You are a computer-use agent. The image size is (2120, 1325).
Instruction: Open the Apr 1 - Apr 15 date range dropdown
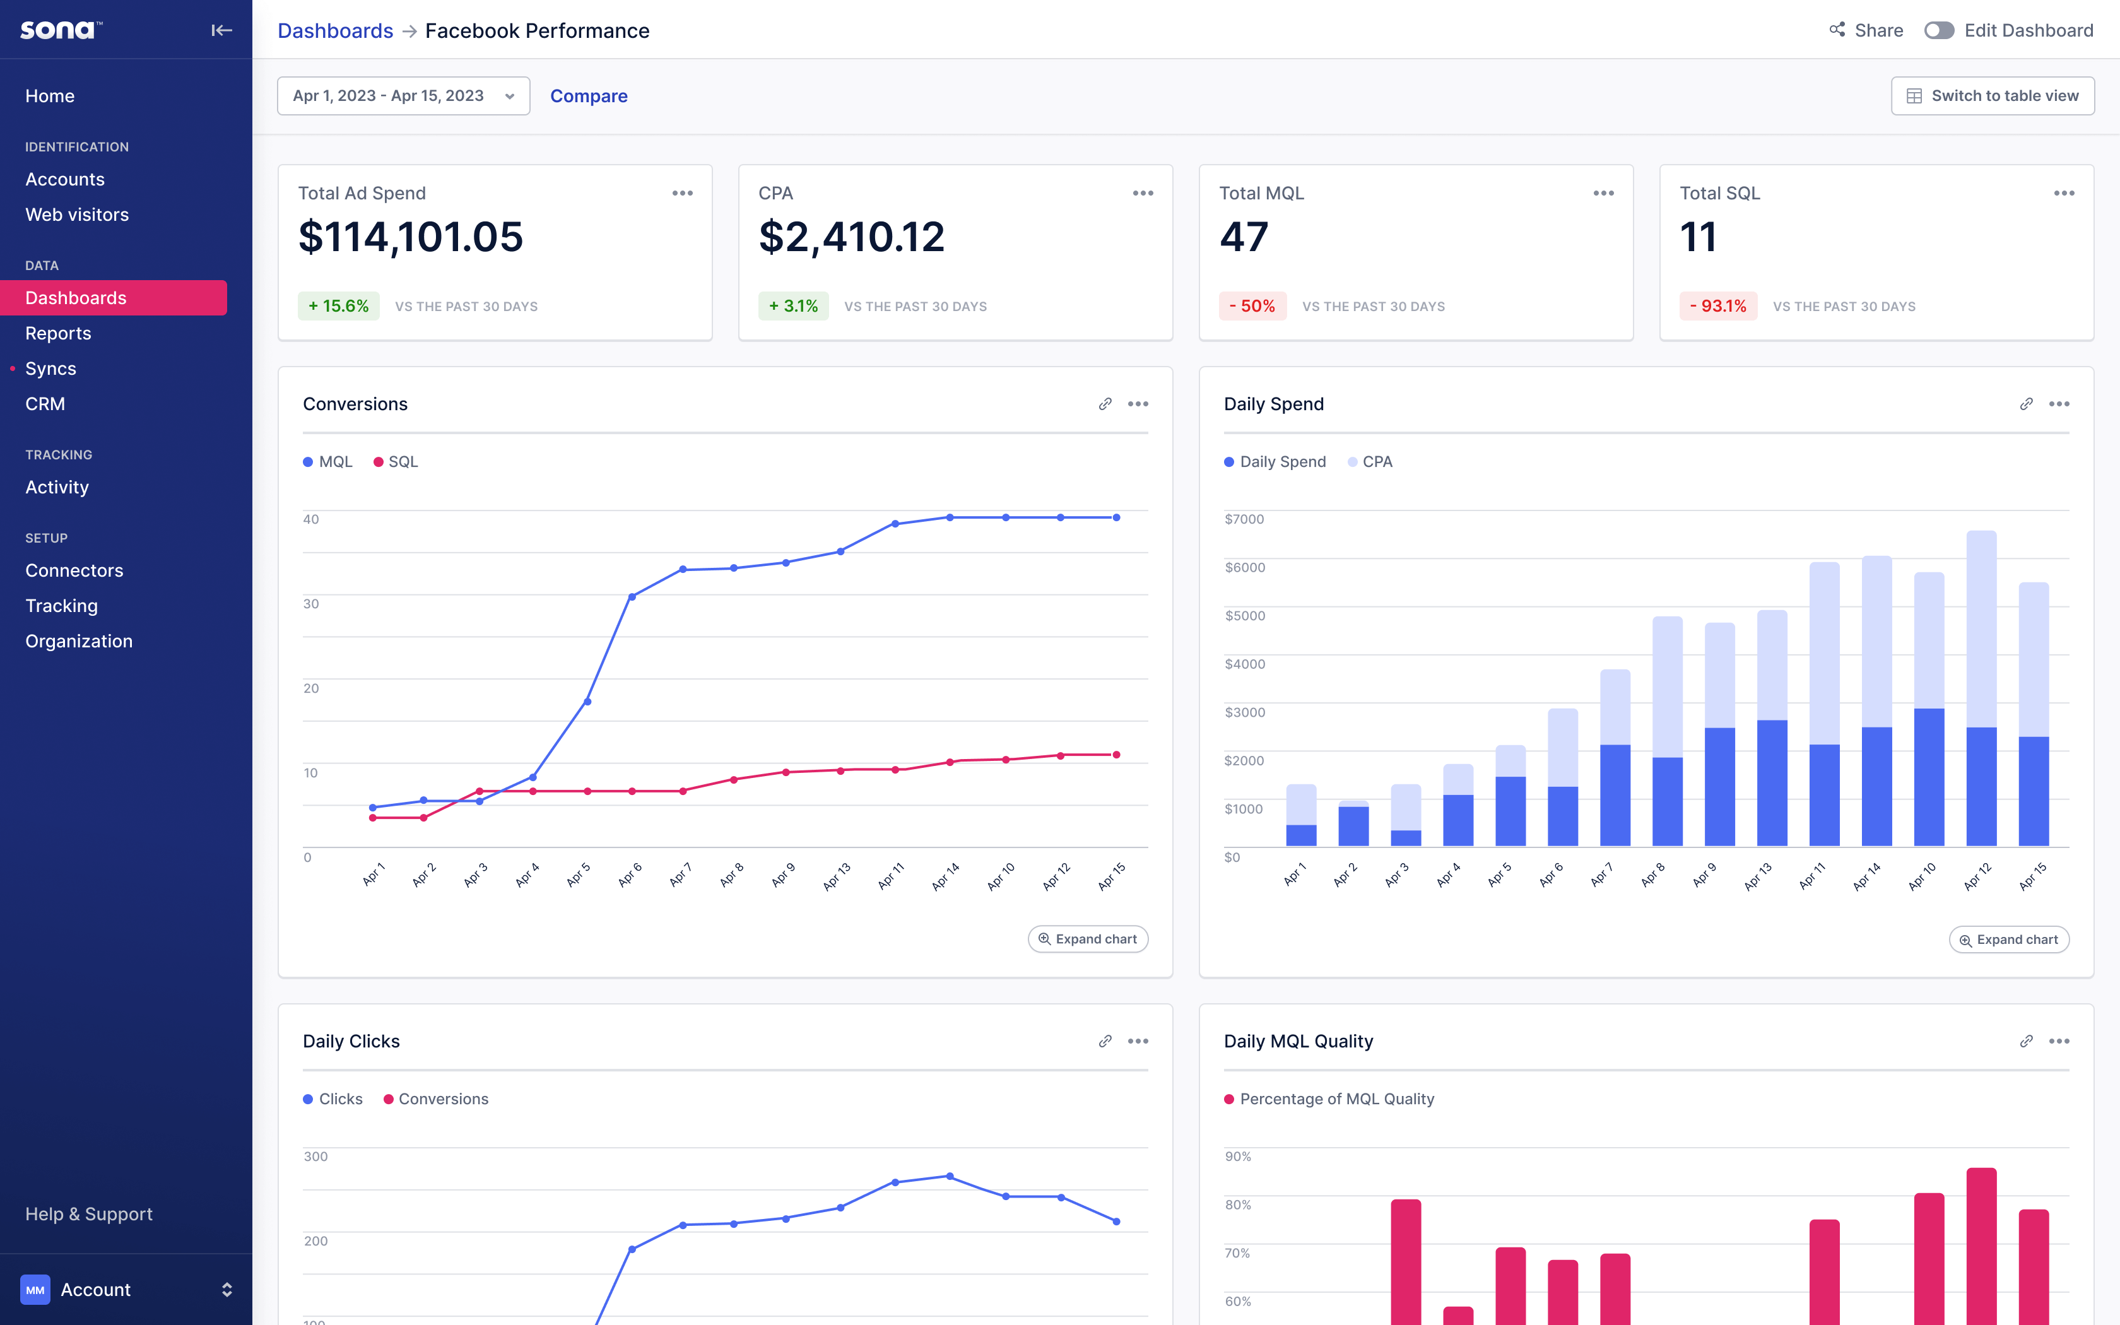[x=403, y=95]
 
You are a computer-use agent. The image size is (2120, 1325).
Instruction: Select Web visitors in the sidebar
[x=77, y=215]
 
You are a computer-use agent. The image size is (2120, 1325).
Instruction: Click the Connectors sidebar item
[x=74, y=570]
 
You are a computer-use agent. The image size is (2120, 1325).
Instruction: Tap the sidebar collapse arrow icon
[x=221, y=31]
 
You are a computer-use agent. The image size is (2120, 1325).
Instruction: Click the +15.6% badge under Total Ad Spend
[x=338, y=306]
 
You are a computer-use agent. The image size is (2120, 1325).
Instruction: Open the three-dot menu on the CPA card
[x=1143, y=193]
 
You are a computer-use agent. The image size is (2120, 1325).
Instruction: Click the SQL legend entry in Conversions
[x=396, y=462]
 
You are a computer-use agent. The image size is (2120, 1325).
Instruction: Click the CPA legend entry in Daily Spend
[x=1370, y=462]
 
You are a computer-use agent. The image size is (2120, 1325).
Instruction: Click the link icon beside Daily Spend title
[x=2025, y=404]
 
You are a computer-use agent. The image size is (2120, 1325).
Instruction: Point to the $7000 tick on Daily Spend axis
[x=1244, y=519]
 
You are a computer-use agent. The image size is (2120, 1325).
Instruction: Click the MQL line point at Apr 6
[x=632, y=597]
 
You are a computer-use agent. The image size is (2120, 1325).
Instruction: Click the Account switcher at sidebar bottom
[x=126, y=1289]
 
